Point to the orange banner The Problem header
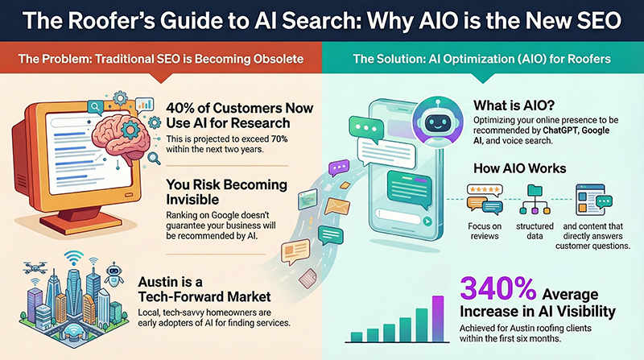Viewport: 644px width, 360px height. click(161, 58)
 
